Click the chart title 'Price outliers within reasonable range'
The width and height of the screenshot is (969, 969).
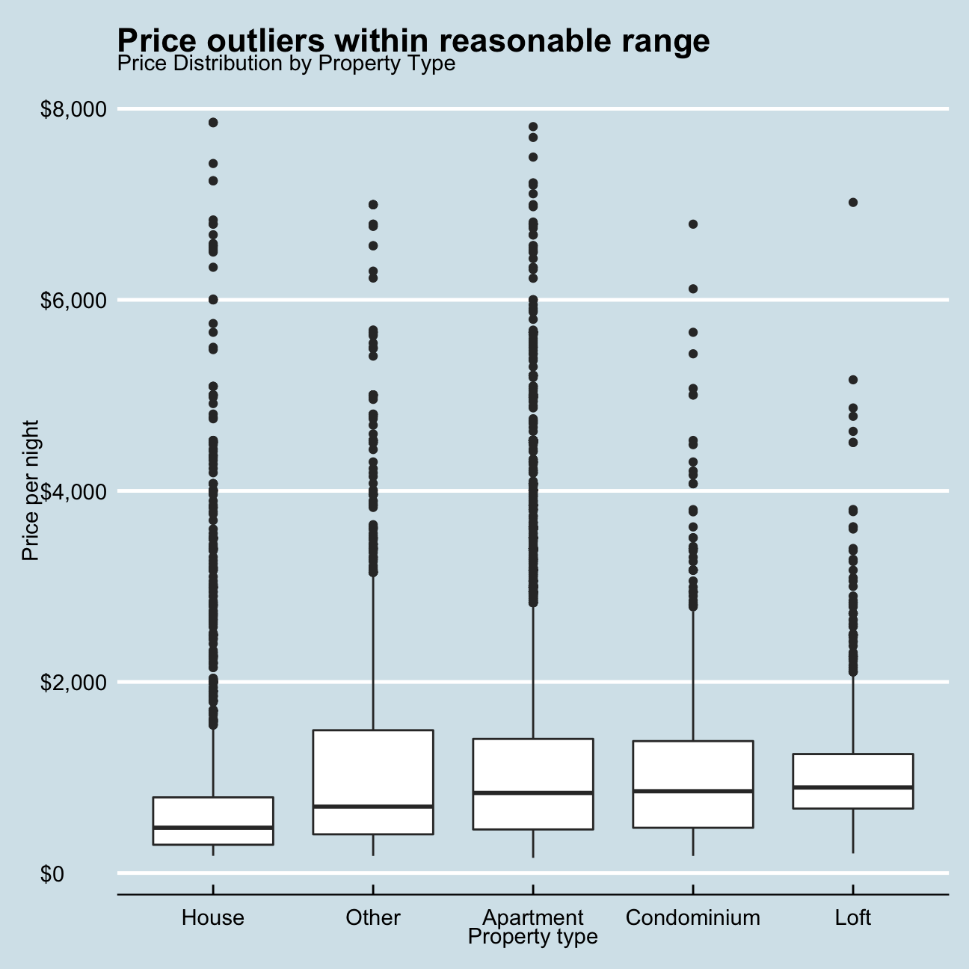coord(413,40)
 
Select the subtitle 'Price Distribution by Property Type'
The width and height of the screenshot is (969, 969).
coord(286,64)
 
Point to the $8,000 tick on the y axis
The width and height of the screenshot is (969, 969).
coord(73,110)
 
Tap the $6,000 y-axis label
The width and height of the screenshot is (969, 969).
coord(73,301)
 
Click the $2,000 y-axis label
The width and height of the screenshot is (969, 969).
coord(73,683)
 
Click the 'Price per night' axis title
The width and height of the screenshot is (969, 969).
coord(30,490)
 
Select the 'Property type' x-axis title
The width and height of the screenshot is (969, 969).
coord(532,937)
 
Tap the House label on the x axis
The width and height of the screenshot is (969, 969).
coord(213,917)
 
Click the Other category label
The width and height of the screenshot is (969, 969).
coord(373,917)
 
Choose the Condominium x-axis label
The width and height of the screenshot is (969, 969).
coord(692,917)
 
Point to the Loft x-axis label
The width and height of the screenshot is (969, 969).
coord(853,917)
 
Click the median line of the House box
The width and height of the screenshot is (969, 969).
coord(213,827)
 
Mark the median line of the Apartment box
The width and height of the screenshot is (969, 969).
coord(532,793)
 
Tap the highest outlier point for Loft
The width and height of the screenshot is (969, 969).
coord(853,202)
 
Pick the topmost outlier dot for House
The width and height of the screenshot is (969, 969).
coord(213,123)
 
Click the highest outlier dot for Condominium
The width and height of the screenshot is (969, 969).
coord(693,224)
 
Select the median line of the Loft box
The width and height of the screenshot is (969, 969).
coord(853,787)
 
